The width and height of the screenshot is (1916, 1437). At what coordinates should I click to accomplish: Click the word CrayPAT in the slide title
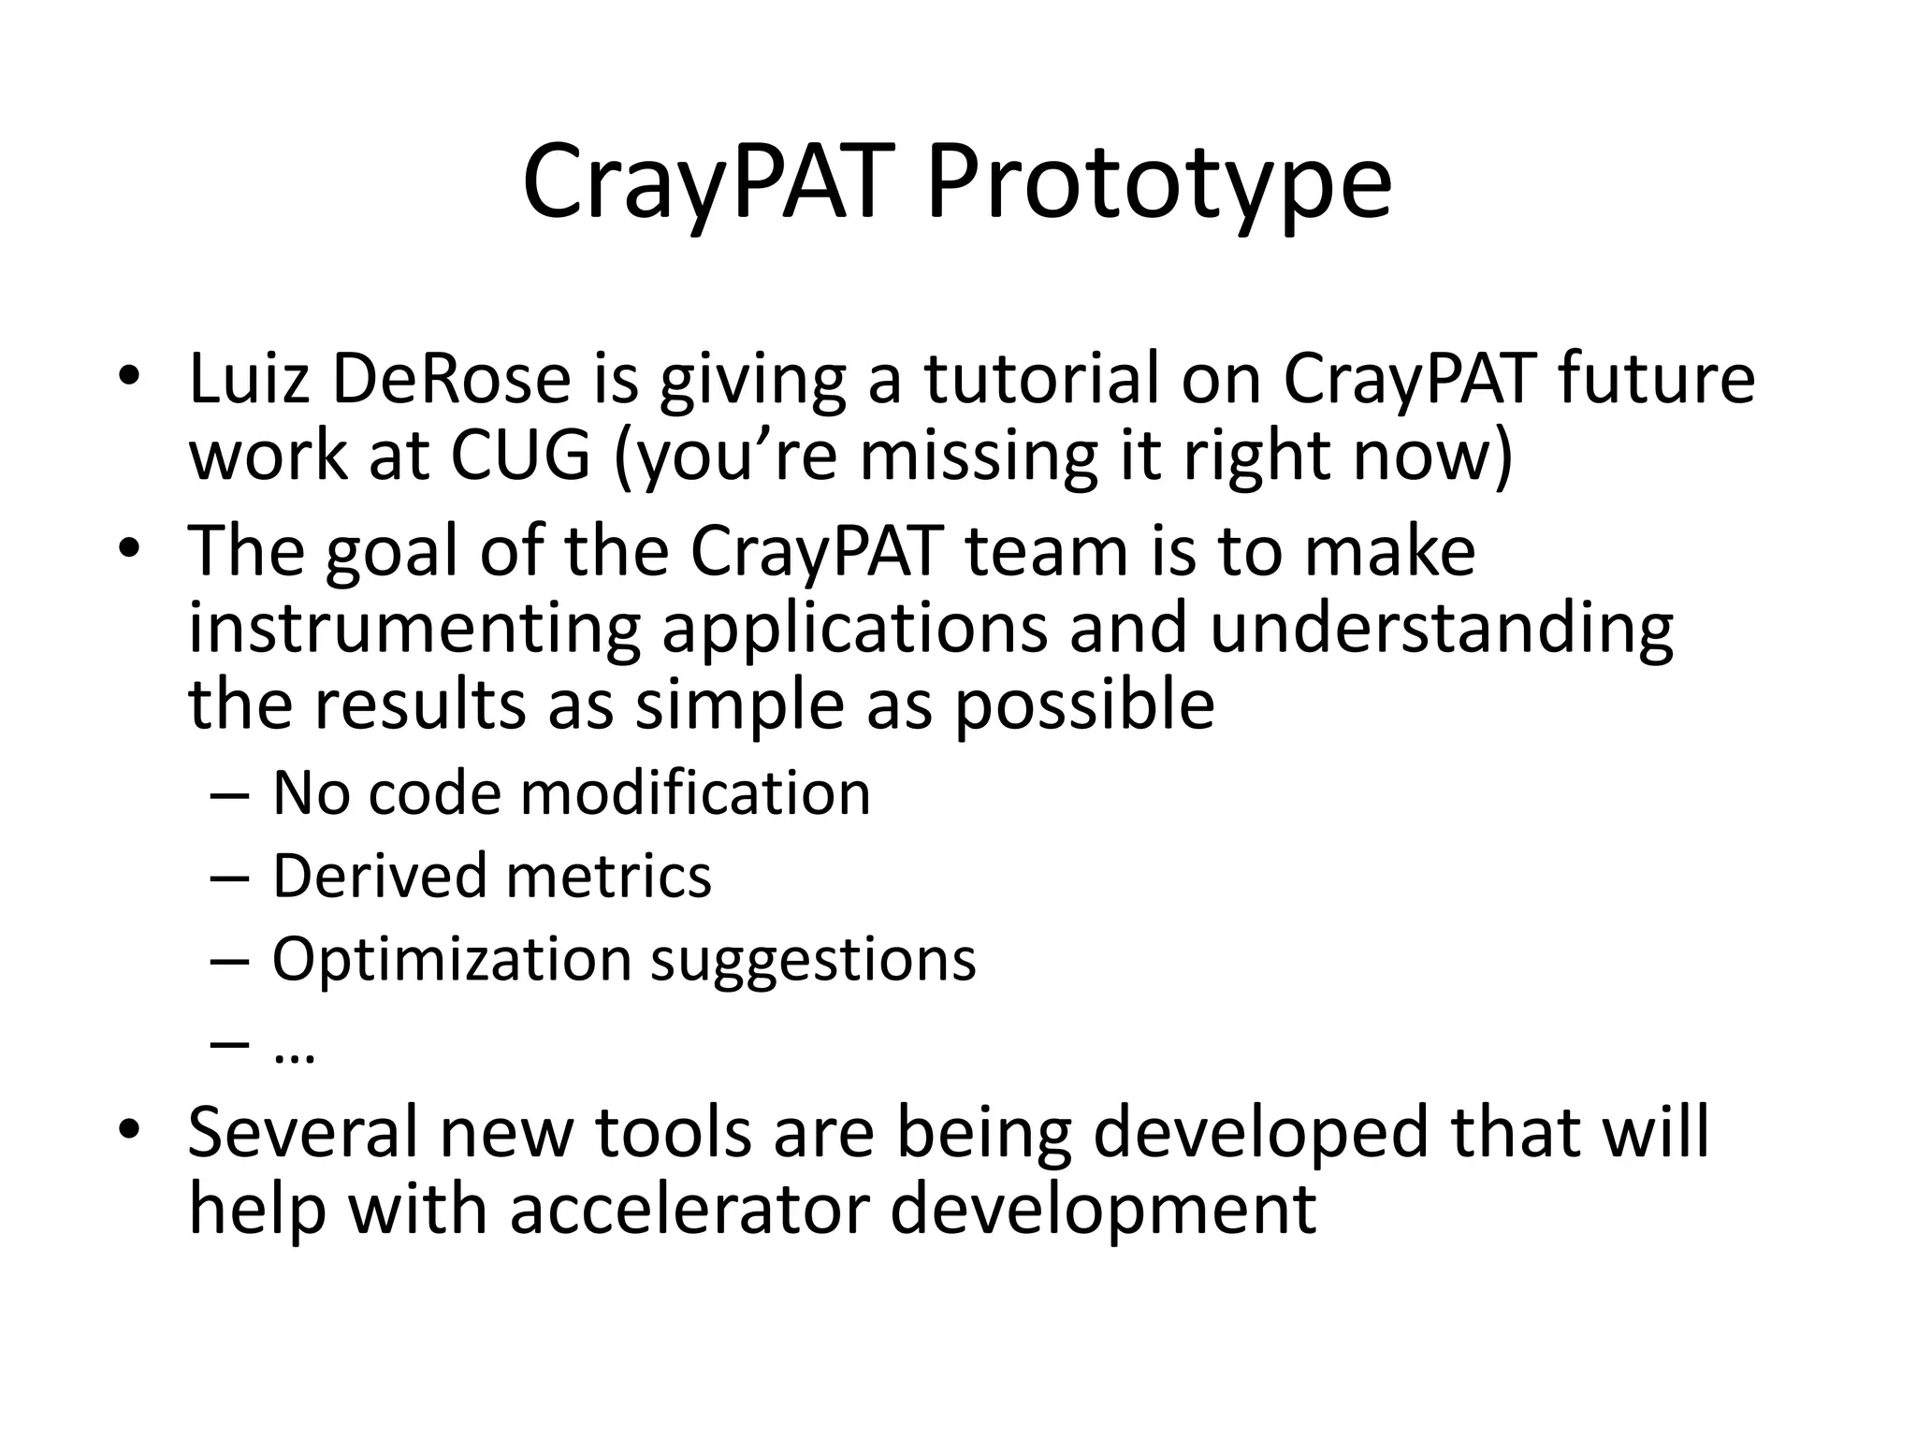702,182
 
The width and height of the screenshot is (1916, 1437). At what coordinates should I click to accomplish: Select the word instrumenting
414,629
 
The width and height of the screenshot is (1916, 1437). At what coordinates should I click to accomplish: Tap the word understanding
1441,629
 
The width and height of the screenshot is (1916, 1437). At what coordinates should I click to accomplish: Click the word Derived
379,877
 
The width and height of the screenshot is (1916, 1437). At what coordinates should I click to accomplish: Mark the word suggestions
813,960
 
